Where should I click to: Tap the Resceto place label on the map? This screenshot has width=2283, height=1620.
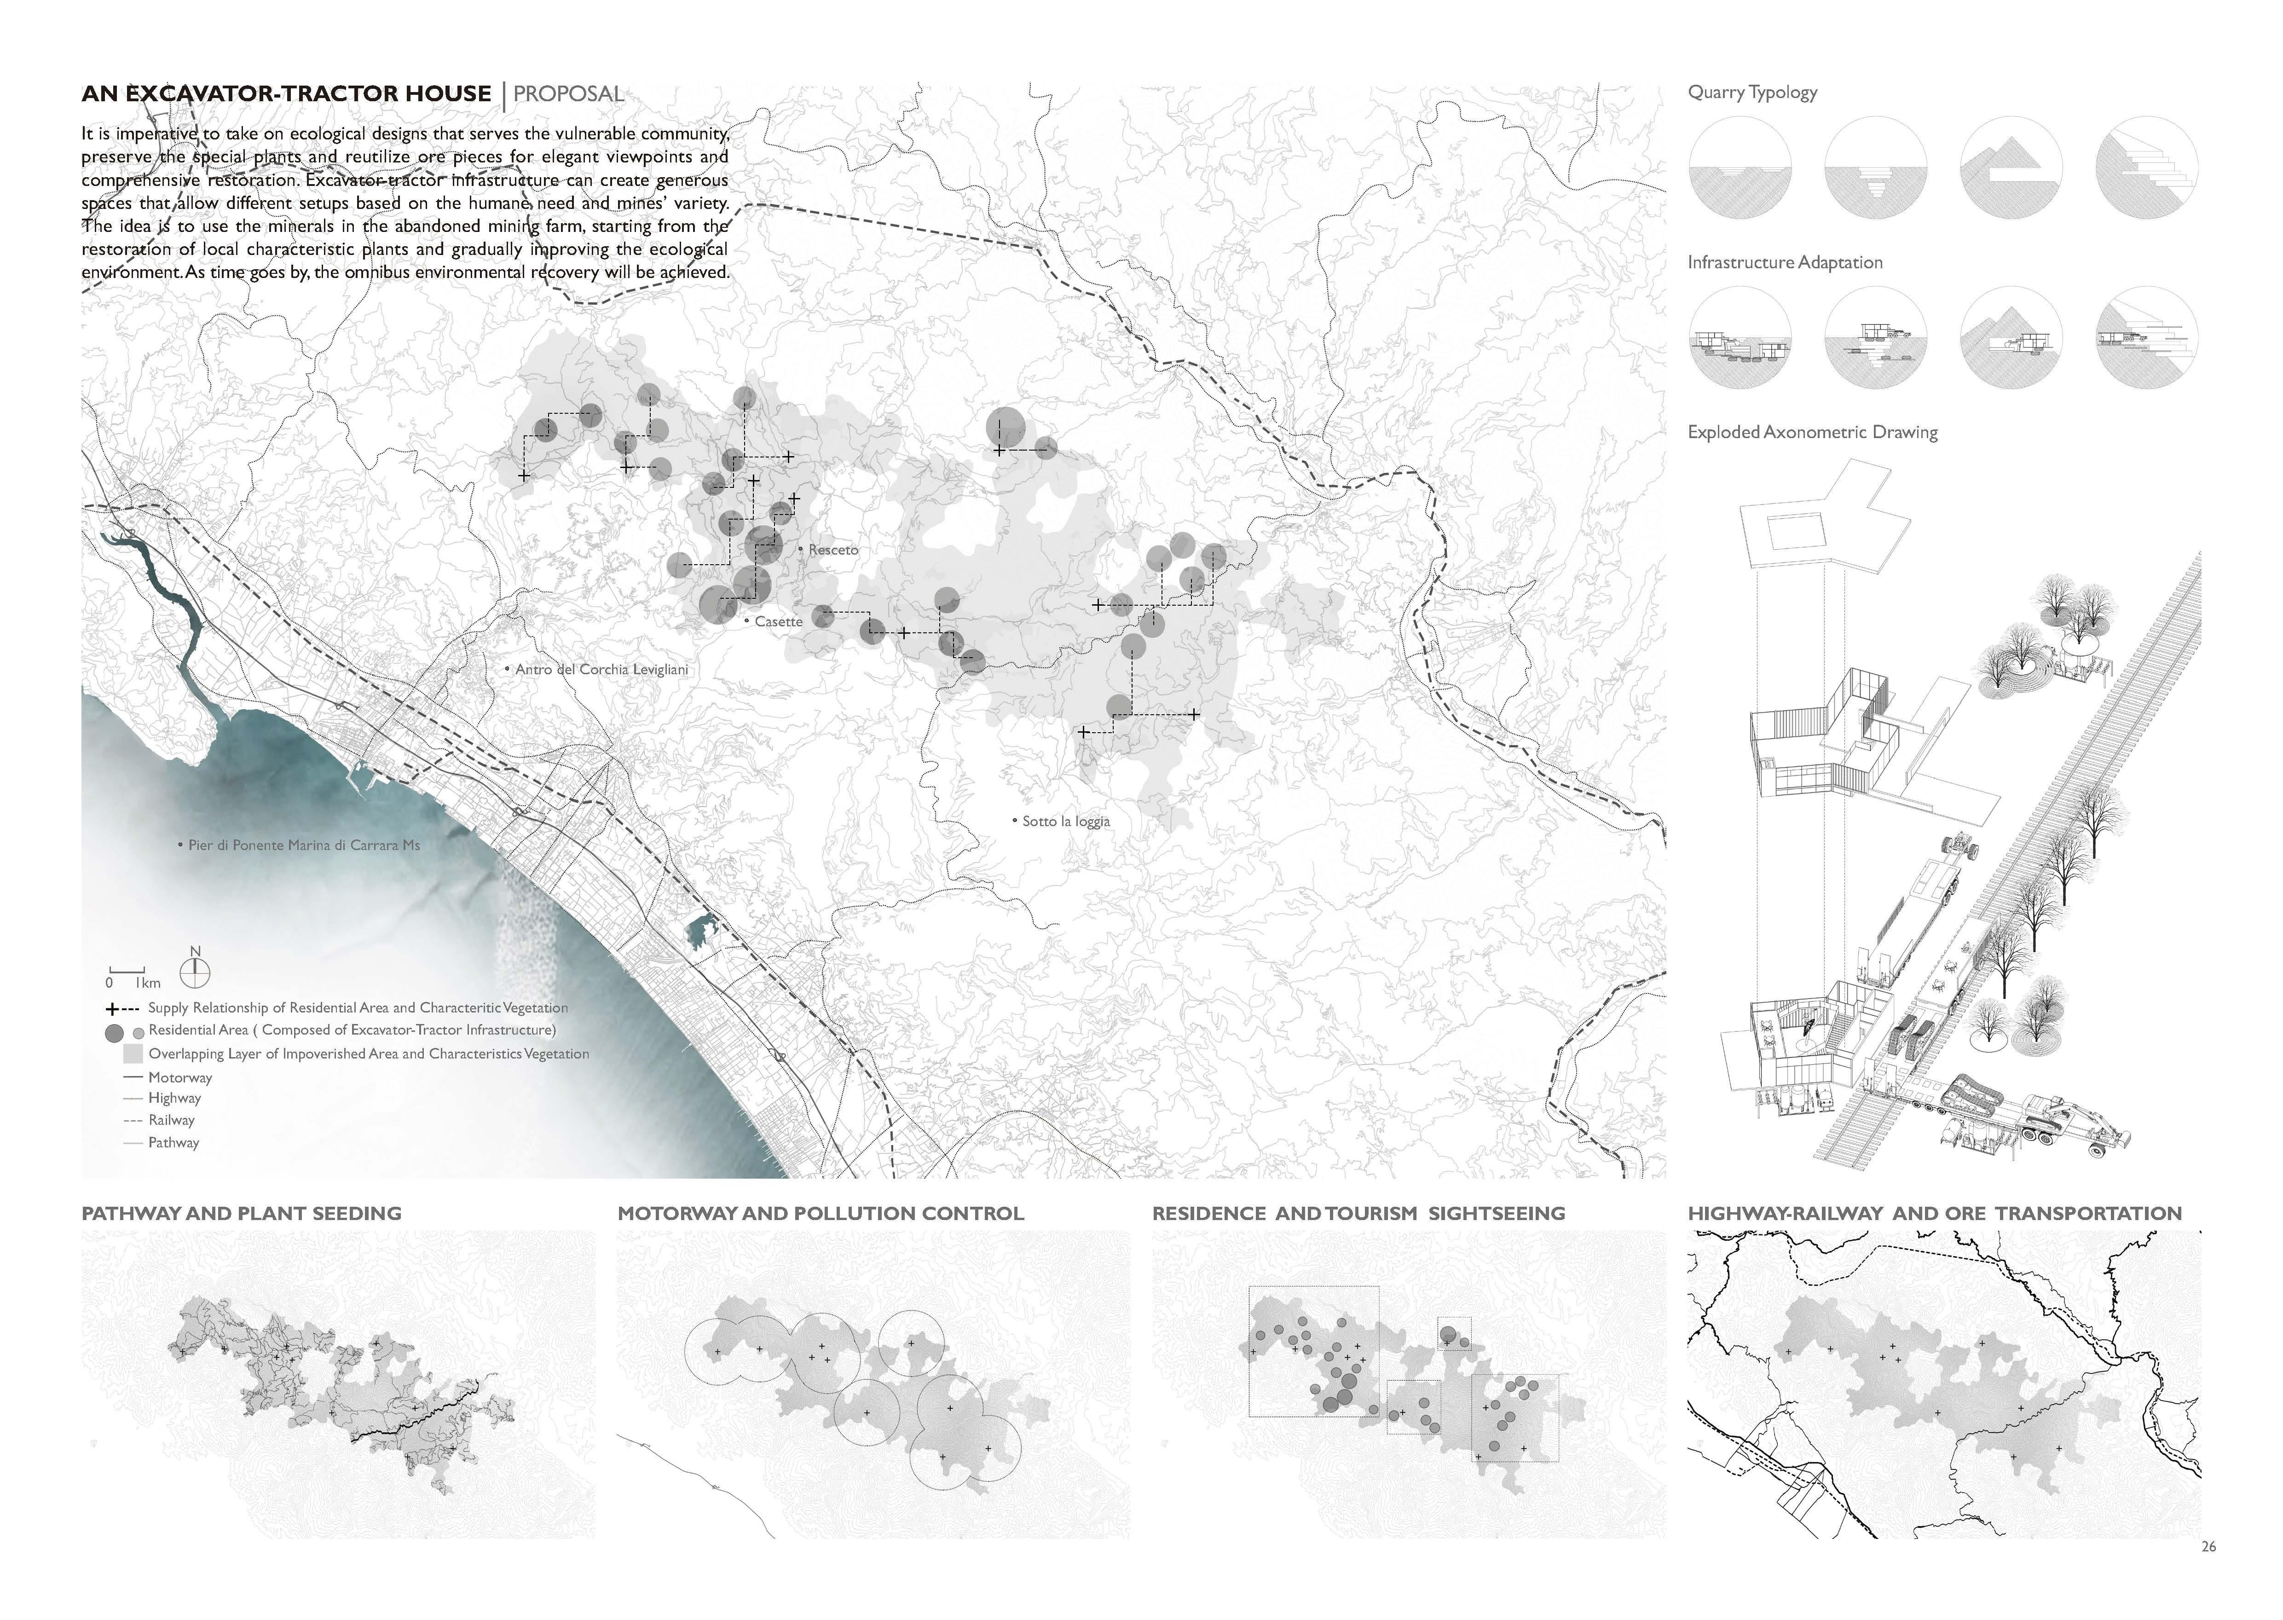pyautogui.click(x=833, y=550)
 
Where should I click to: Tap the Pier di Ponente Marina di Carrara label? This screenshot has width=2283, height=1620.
pyautogui.click(x=303, y=845)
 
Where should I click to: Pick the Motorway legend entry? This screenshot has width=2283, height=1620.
pyautogui.click(x=179, y=1077)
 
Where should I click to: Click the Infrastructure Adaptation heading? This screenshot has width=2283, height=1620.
pyautogui.click(x=1784, y=262)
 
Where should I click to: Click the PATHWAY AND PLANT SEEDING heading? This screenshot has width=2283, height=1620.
pyautogui.click(x=241, y=1213)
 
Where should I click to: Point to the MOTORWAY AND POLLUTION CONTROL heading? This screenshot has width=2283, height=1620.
pyautogui.click(x=820, y=1213)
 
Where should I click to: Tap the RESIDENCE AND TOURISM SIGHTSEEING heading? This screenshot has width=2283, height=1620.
pyautogui.click(x=1358, y=1213)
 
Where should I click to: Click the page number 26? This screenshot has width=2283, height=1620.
pyautogui.click(x=2208, y=1546)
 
